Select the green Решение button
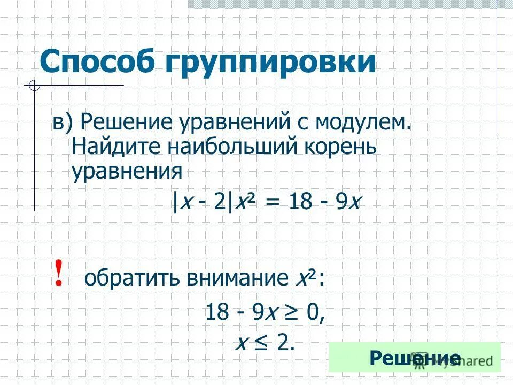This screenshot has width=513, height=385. [x=415, y=357]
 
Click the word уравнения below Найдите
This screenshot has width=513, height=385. [x=127, y=171]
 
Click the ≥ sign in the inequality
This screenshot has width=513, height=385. [x=291, y=312]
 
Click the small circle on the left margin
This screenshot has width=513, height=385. [x=34, y=85]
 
